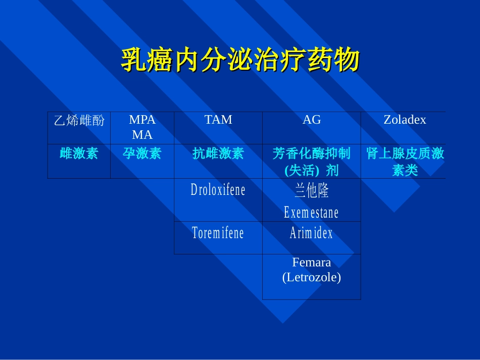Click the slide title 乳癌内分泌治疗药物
240,60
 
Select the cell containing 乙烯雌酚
79,120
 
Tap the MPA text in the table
142,120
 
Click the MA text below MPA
142,135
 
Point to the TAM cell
218,120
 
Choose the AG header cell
312,120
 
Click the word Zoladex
405,120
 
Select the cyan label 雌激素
79,153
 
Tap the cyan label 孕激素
142,153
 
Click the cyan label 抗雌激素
218,153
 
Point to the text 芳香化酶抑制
312,153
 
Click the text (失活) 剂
312,170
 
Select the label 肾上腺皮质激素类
405,162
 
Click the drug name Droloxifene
218,190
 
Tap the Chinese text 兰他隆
312,190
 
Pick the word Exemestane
312,212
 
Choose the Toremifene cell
218,233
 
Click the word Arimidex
312,233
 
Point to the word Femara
312,263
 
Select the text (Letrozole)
312,277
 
